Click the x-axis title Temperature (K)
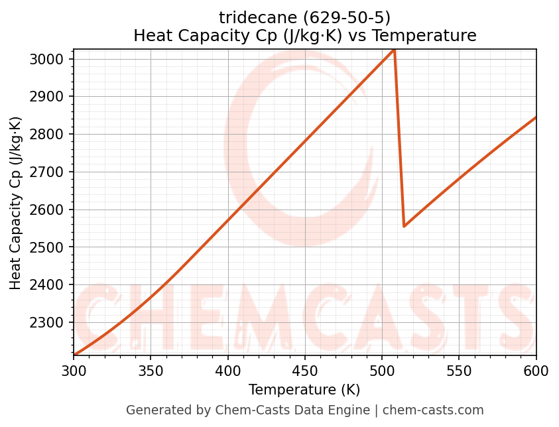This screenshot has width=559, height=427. pyautogui.click(x=304, y=390)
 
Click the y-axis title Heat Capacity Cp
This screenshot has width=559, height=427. pyautogui.click(x=16, y=202)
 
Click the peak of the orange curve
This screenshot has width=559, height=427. pyautogui.click(x=394, y=50)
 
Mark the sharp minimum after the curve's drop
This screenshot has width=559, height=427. pyautogui.click(x=404, y=226)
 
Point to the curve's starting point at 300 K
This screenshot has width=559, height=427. pyautogui.click(x=74, y=355)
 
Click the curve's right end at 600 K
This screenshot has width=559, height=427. pyautogui.click(x=536, y=117)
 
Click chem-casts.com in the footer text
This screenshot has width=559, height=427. pyautogui.click(x=433, y=410)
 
